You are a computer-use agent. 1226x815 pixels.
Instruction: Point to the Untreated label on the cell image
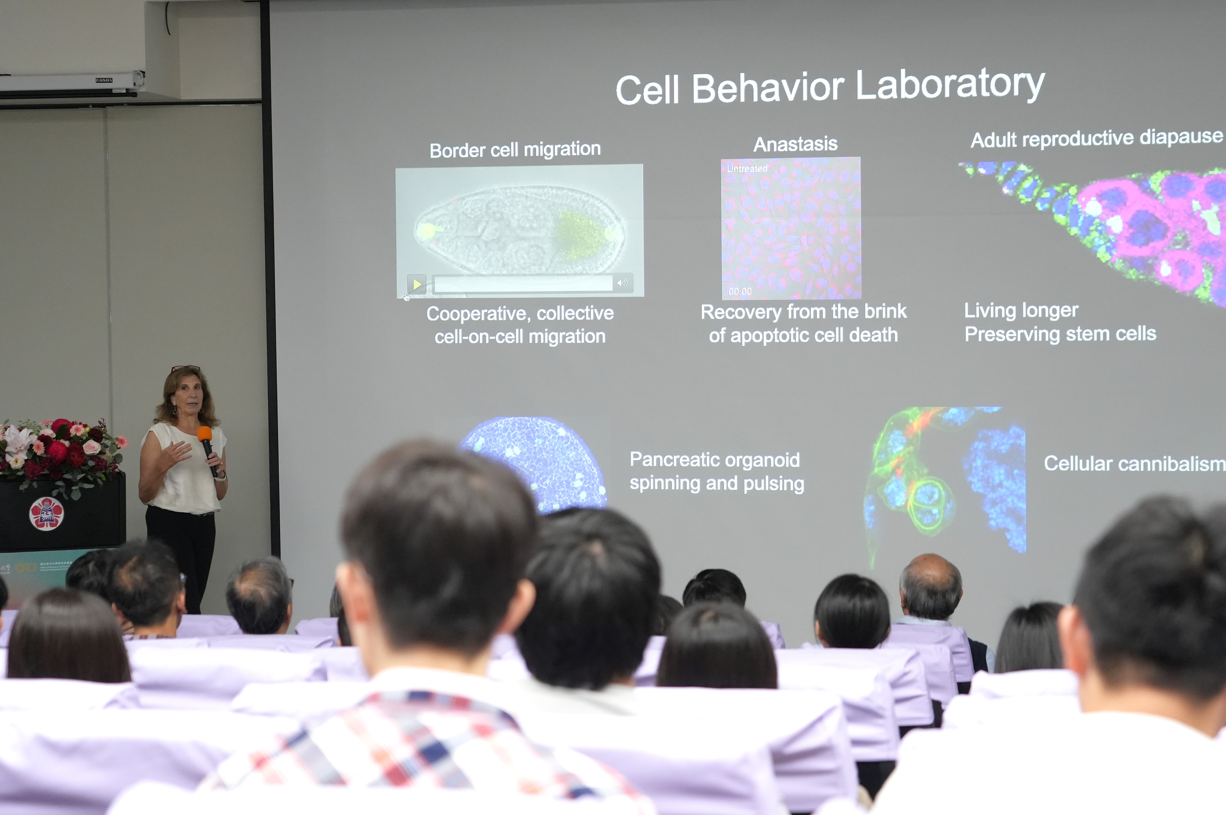pos(746,168)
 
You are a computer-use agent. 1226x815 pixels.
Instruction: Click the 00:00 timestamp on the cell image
pos(740,291)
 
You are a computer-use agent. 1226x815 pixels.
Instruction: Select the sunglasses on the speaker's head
pos(185,368)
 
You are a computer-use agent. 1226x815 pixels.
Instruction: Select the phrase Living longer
pos(1021,310)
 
